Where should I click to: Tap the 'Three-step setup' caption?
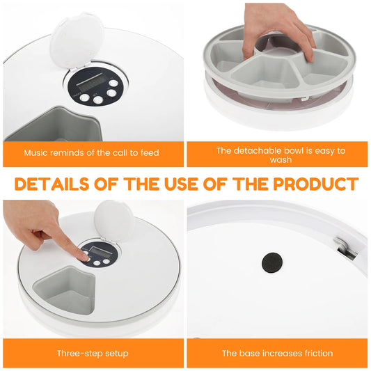tap(93, 353)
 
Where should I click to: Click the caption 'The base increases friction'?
tap(277, 353)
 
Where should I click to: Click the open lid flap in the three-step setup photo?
tap(113, 220)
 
